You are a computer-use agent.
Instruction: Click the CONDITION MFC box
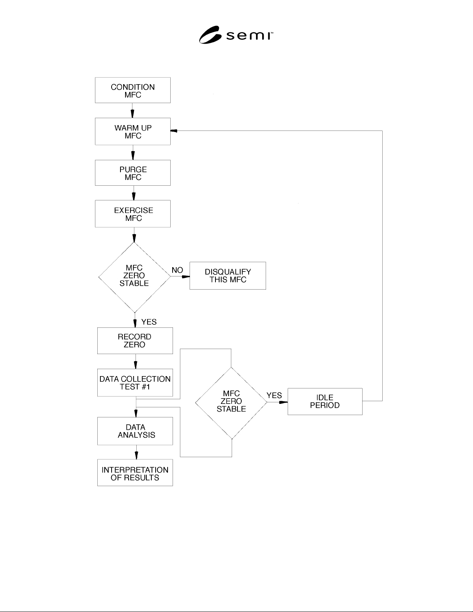coord(132,90)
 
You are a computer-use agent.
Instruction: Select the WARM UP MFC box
coord(132,132)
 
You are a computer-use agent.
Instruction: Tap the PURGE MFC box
coord(132,173)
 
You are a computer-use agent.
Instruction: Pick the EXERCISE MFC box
coord(132,214)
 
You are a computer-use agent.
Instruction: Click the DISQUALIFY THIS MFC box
coord(228,276)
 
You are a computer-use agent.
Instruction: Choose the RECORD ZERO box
coord(135,341)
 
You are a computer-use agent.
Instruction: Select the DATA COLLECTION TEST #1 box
coord(135,383)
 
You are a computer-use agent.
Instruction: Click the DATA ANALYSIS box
coord(135,431)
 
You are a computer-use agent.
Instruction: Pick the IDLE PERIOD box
coord(325,402)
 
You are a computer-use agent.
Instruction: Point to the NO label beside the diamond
coord(177,270)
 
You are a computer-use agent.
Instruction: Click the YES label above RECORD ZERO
coord(149,322)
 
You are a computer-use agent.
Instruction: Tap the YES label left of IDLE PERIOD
coord(274,395)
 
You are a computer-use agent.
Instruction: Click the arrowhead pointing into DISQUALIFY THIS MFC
coord(186,276)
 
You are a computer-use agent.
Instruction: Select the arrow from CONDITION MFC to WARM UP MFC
coord(132,110)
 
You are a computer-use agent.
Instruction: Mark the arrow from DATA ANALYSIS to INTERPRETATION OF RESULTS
coord(137,452)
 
